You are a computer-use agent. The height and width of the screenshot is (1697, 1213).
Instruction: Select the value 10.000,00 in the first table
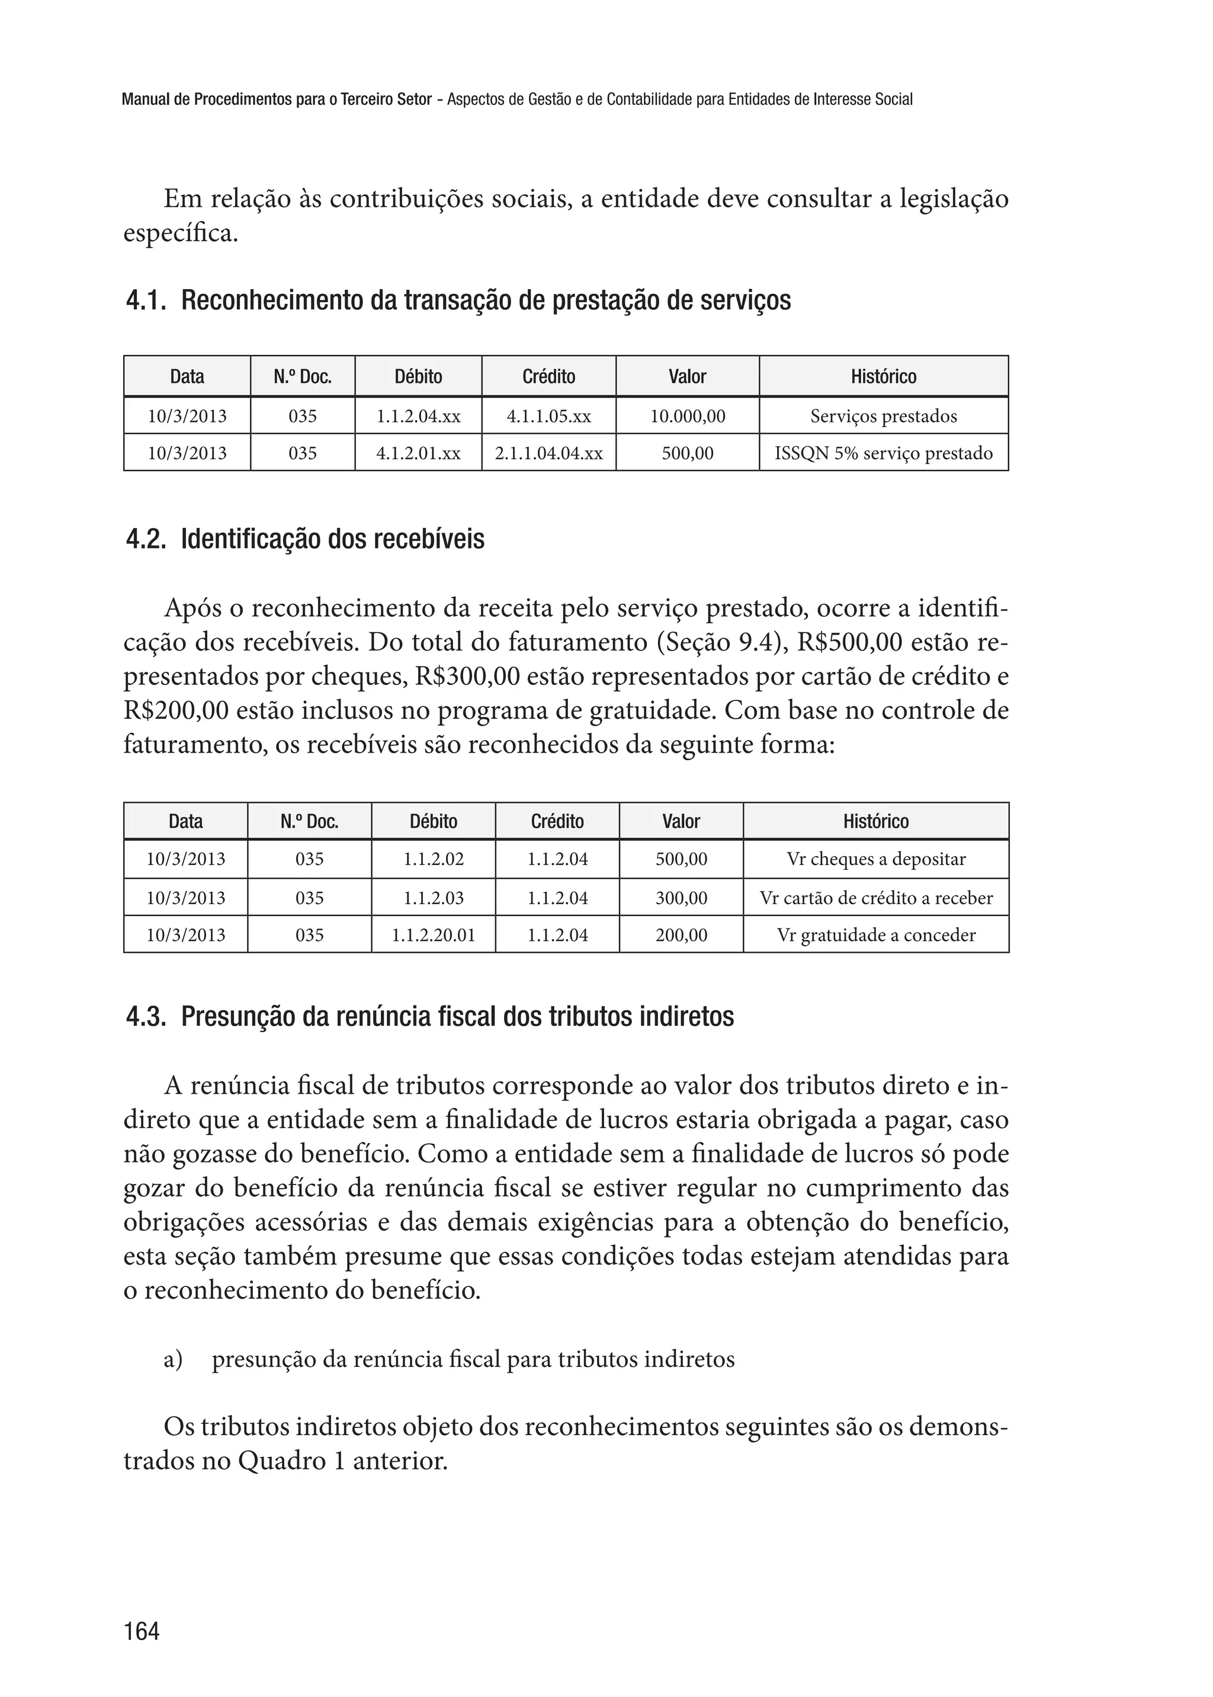[x=687, y=416]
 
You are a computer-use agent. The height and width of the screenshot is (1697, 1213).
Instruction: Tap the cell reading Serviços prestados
[x=883, y=416]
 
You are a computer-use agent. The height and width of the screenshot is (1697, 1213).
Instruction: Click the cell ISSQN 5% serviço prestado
[x=883, y=453]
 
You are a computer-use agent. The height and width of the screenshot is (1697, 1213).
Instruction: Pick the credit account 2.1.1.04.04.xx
[x=548, y=453]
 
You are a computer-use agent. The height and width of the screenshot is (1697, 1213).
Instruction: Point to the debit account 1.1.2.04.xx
[x=418, y=416]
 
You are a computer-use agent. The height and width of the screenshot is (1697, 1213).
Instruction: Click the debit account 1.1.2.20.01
[x=433, y=935]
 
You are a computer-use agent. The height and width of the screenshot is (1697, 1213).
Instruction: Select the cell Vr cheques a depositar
[x=875, y=859]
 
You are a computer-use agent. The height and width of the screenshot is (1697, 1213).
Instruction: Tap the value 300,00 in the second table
[x=681, y=898]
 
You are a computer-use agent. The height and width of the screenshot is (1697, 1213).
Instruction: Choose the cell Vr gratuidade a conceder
[x=875, y=935]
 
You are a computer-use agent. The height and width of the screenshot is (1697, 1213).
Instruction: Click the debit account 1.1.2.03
[x=433, y=898]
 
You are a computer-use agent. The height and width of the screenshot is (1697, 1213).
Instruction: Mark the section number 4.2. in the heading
[x=146, y=540]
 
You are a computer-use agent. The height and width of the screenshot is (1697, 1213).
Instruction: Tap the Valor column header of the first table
[x=687, y=377]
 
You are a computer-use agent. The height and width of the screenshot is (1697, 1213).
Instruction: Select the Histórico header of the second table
[x=875, y=822]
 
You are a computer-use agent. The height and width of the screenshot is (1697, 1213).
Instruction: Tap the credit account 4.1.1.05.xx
[x=548, y=416]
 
